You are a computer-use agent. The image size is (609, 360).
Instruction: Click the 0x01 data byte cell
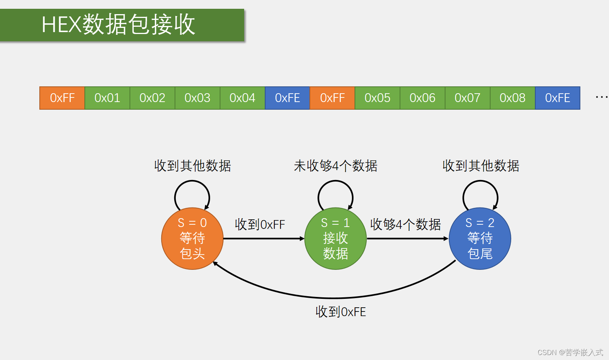coord(107,98)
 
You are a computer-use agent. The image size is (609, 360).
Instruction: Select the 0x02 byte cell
coord(152,98)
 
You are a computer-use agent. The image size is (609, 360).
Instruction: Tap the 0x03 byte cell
coord(198,98)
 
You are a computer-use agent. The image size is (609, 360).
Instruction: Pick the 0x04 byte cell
coord(243,98)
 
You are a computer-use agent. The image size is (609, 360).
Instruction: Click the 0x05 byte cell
coord(377,98)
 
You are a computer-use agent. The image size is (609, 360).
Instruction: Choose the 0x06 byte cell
coord(423,98)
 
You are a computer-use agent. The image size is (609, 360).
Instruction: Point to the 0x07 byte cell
coord(468,98)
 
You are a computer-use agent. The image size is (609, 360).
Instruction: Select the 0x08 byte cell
coord(513,98)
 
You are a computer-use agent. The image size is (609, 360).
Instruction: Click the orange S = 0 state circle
coord(192,238)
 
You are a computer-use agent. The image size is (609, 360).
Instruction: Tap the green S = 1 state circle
coord(335,238)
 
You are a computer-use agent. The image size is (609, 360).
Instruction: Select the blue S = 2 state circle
coord(480,238)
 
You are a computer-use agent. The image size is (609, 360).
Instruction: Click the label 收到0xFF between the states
coord(260,224)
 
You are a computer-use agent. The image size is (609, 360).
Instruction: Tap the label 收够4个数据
coord(405,224)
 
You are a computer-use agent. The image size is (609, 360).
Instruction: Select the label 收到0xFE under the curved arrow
coord(340,312)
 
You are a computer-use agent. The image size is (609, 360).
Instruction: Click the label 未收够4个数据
coord(335,166)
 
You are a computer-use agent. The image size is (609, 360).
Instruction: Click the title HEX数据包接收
coord(118,24)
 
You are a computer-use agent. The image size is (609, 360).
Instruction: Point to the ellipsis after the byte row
coord(601,97)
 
